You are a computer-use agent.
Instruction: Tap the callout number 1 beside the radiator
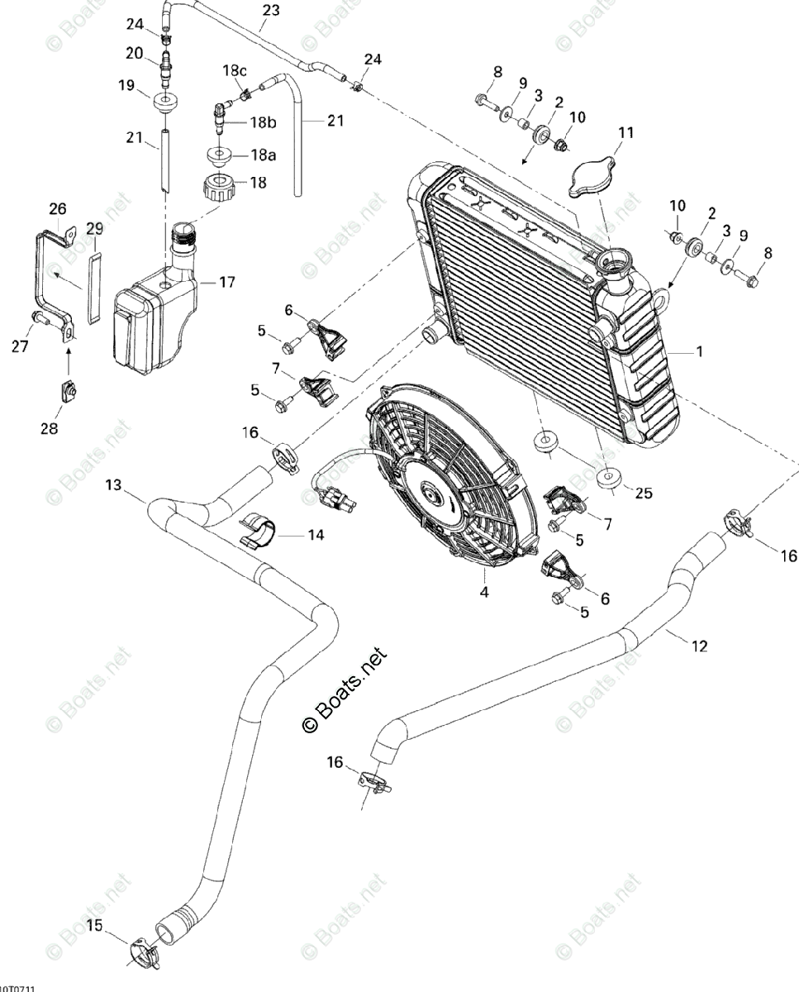699,352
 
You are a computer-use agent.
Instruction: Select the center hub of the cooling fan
431,495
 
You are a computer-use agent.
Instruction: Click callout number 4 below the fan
485,592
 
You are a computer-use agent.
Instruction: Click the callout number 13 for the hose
113,484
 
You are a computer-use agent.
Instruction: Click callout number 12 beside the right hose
699,646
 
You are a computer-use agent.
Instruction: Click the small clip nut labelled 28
69,389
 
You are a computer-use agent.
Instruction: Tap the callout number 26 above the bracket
58,208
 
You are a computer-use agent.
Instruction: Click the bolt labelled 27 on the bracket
40,318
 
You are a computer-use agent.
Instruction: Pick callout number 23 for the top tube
270,11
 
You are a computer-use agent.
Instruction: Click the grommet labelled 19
166,103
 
